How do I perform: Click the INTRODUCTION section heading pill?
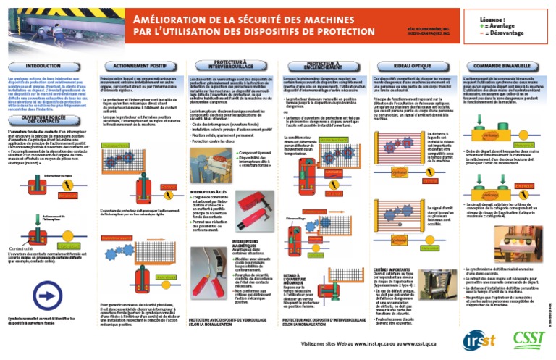[44, 66]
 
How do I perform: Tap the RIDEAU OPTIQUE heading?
[410, 66]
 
